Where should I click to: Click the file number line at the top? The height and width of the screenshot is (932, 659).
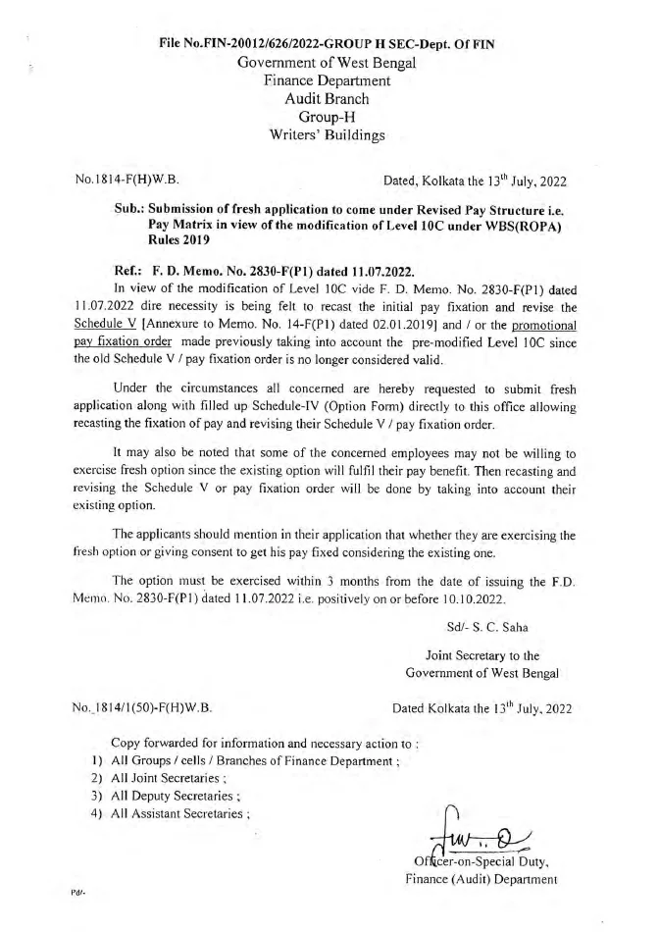329,44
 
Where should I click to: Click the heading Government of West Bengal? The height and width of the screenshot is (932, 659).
328,63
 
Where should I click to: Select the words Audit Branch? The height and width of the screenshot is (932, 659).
328,99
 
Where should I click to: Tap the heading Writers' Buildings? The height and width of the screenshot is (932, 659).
328,135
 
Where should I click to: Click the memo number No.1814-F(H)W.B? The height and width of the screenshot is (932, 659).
127,181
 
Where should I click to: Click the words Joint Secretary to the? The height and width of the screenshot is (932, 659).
482,655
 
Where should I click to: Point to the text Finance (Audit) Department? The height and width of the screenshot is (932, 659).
482,879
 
